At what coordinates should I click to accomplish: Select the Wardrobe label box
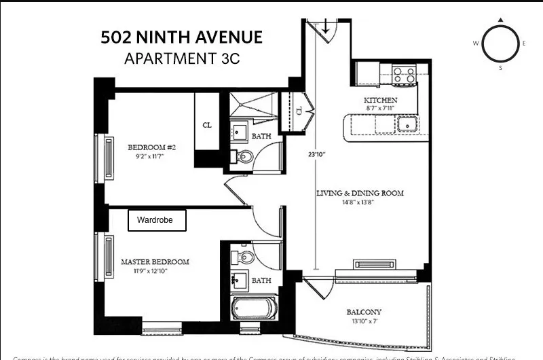(x=157, y=220)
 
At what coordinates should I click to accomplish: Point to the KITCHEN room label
(x=381, y=100)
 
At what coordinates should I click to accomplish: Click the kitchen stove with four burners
(x=405, y=75)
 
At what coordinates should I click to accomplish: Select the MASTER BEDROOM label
(x=155, y=262)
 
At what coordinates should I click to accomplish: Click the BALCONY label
(x=364, y=312)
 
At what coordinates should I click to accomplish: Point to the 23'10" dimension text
(x=317, y=154)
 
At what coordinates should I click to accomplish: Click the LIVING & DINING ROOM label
(x=360, y=193)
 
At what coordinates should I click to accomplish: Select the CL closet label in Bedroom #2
(x=207, y=125)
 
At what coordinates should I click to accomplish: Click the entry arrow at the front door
(x=326, y=28)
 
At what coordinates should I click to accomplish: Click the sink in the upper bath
(x=240, y=132)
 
